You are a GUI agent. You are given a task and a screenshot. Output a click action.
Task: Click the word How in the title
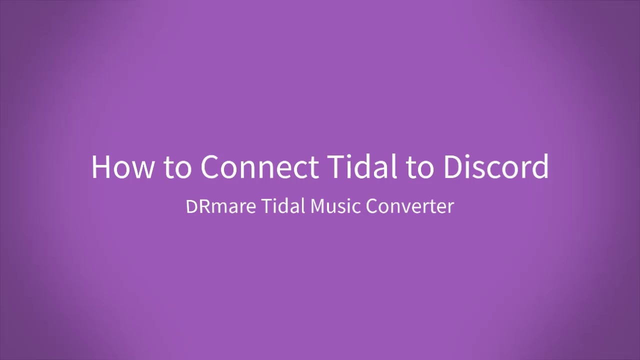coord(122,167)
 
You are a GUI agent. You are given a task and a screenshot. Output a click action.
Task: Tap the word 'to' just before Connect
coord(177,168)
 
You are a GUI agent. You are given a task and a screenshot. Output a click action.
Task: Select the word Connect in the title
coord(259,167)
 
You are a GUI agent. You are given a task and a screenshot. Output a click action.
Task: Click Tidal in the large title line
coord(363,166)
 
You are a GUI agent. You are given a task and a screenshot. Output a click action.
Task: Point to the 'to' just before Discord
coord(420,168)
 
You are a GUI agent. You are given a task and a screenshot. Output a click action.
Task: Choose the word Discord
coord(496,166)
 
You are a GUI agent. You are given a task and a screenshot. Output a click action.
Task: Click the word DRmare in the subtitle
coord(221,206)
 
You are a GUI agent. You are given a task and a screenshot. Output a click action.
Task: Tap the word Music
coord(335,206)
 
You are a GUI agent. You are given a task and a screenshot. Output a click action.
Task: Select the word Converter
coord(410,206)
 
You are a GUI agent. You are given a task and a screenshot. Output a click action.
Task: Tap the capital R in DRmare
coord(204,206)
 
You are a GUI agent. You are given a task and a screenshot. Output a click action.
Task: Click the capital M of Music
coord(317,206)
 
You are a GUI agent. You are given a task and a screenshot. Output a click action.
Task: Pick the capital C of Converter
coord(372,206)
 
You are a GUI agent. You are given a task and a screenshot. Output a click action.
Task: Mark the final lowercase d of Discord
coord(540,166)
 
